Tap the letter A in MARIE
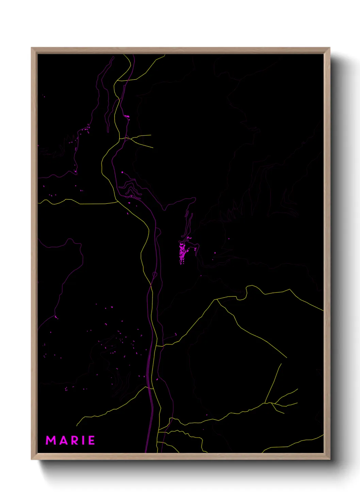tap(63, 440)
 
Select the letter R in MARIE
tap(74, 440)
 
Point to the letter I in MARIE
tap(83, 440)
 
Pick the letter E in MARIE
tap(91, 440)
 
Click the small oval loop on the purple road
tap(154, 274)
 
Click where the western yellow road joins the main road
tap(118, 202)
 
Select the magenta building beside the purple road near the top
tap(127, 116)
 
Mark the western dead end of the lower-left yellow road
tap(77, 426)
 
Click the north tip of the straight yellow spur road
tap(281, 364)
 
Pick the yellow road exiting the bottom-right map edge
tap(323, 435)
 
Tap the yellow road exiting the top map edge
tap(165, 55)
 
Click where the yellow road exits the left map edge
tap(38, 203)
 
